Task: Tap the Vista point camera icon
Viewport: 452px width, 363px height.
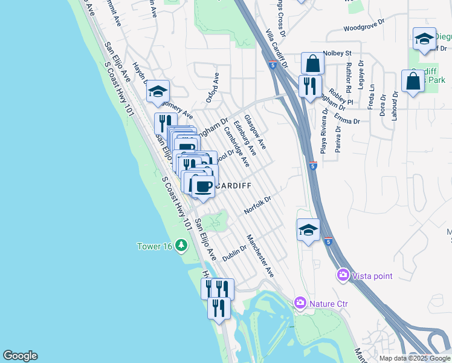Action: coord(343,276)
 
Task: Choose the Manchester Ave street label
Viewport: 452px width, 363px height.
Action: coord(260,257)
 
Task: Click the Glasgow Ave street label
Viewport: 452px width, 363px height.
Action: coord(255,132)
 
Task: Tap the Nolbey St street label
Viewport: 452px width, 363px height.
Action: coord(337,53)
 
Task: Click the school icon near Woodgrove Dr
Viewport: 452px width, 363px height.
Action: coord(424,39)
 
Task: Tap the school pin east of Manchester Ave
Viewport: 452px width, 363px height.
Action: coord(308,230)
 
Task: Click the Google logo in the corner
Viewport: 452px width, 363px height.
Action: coord(20,356)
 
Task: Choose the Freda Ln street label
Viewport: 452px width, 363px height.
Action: coord(372,96)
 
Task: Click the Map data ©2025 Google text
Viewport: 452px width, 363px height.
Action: coord(415,358)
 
